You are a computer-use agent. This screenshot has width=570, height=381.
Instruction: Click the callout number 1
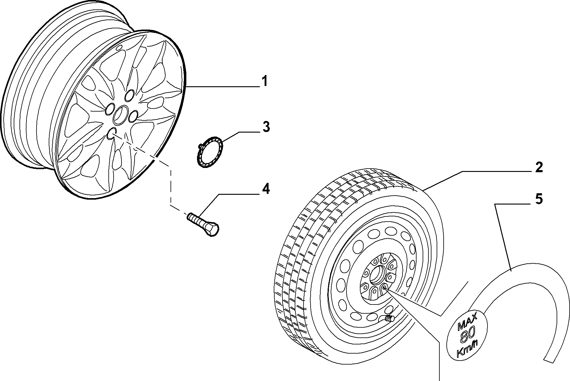tap(264, 82)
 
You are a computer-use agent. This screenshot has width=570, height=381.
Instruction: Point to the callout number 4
tap(266, 189)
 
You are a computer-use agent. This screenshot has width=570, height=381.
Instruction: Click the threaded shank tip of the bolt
tap(189, 216)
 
